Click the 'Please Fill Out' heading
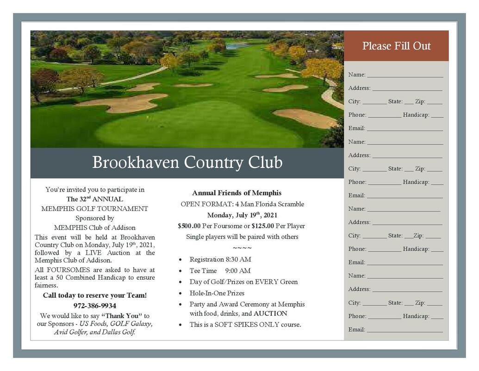tap(396, 46)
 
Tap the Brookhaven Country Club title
tap(187, 163)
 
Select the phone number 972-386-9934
tap(95, 306)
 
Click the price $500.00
tap(189, 226)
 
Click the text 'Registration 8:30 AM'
tap(220, 259)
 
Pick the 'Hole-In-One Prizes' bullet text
tap(217, 293)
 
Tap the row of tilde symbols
tap(242, 248)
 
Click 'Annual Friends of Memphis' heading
tap(236, 193)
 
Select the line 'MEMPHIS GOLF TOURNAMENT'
tap(95, 209)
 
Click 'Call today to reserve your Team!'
tap(95, 295)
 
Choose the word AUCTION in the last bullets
tap(270, 313)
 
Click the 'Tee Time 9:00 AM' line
tap(220, 270)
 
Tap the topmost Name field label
tap(357, 75)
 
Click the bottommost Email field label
tap(357, 330)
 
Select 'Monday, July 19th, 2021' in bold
tap(242, 215)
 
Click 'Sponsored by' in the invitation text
tap(95, 218)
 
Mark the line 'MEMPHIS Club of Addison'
tap(95, 228)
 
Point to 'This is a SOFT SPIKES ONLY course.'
tap(245, 325)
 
